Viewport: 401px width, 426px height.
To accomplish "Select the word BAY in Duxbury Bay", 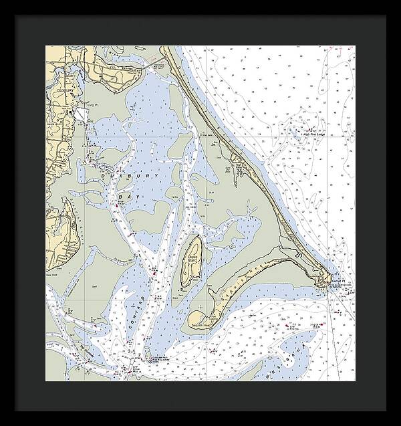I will click(126, 199).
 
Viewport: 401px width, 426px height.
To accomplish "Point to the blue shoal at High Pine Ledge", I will click(294, 127).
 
